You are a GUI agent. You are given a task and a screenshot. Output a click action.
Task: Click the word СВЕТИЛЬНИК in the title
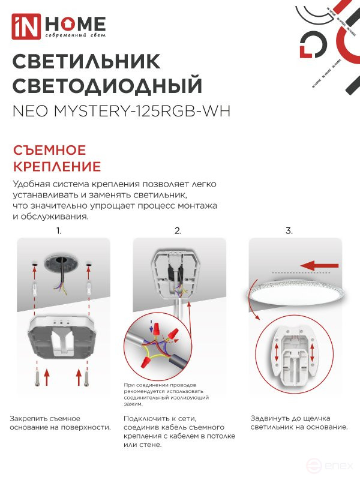click(x=86, y=61)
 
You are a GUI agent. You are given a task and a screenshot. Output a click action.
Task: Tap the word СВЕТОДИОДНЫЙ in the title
click(x=107, y=85)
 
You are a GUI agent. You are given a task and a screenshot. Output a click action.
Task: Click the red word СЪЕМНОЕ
click(x=49, y=150)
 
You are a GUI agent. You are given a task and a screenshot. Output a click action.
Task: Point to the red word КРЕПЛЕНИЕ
click(x=57, y=166)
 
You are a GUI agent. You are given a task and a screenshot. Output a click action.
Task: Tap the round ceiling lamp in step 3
click(x=294, y=294)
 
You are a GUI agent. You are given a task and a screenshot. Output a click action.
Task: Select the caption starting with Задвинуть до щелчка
click(x=299, y=422)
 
